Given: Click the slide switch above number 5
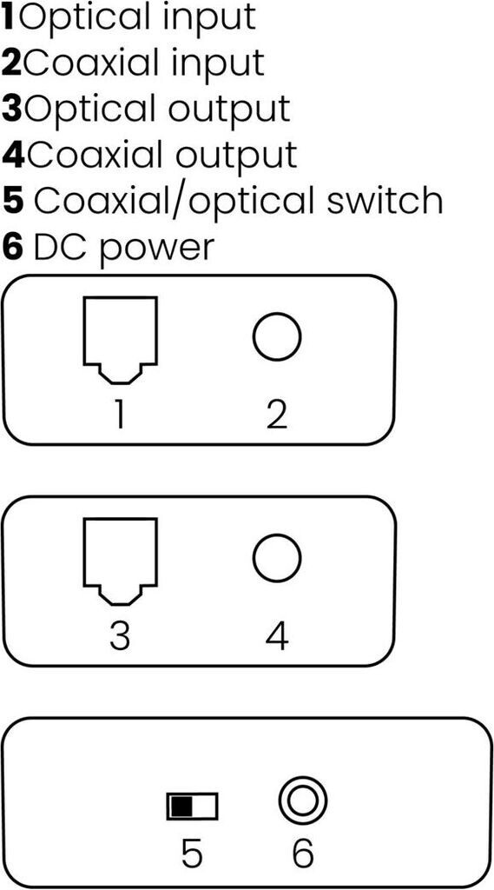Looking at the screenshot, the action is click(192, 806).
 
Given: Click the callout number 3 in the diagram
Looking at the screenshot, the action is click(120, 636).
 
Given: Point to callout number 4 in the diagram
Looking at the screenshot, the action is click(277, 636).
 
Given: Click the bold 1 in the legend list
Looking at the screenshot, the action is click(9, 17).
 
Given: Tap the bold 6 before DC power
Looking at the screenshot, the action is click(12, 248).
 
